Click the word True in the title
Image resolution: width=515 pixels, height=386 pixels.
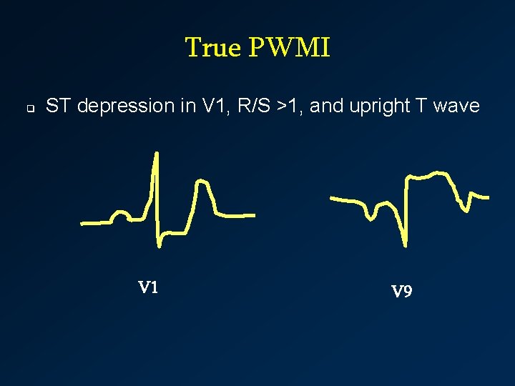(214, 48)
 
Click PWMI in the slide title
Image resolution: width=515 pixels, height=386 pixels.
(290, 48)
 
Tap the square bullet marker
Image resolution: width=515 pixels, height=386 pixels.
(31, 109)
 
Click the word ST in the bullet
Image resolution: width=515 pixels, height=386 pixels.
(59, 107)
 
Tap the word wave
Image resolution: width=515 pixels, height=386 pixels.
(458, 107)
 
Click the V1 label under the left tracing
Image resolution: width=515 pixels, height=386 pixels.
(148, 288)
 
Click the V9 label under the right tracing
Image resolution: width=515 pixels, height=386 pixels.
(401, 291)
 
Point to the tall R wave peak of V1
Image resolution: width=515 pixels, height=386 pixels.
(156, 154)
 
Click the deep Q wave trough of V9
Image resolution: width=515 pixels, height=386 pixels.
(405, 244)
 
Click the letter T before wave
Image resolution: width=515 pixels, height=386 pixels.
(422, 107)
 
